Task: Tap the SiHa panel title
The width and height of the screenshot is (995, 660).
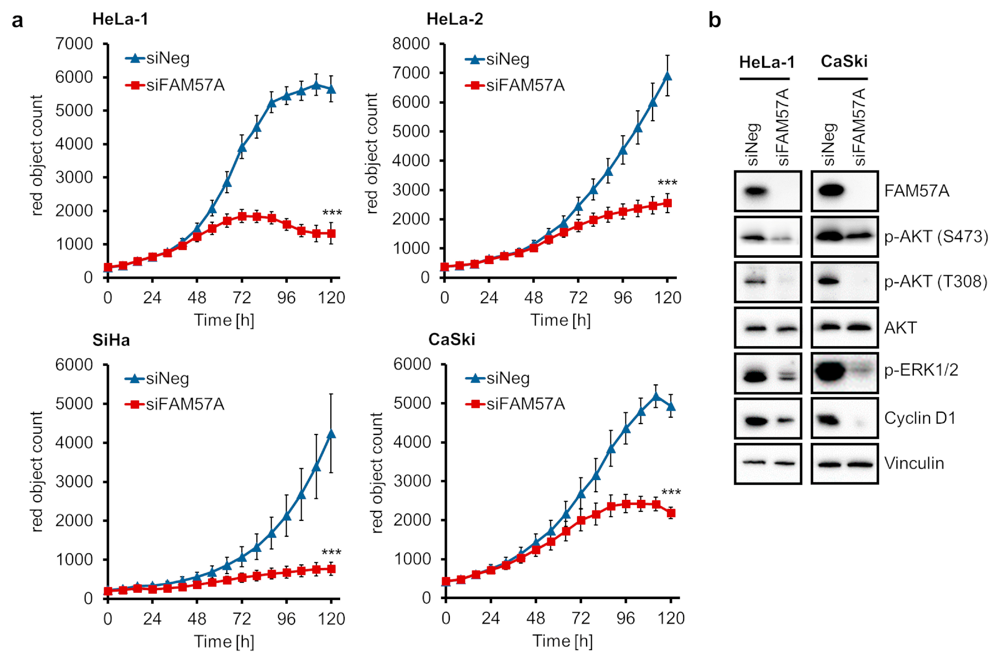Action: coord(111,340)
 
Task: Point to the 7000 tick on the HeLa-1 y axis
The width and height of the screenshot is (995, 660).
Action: coord(74,44)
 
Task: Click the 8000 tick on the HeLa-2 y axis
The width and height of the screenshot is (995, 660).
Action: coord(411,44)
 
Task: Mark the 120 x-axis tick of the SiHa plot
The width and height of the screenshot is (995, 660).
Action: coord(331,619)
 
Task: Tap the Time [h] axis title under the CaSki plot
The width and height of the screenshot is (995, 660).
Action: coord(563,641)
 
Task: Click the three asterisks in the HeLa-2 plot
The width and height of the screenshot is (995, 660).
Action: coord(667,183)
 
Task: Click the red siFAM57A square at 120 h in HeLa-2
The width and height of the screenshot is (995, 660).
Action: coord(667,203)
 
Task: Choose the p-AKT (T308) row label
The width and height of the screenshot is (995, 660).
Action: coord(935,282)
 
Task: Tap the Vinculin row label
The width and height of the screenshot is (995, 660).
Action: coord(914,463)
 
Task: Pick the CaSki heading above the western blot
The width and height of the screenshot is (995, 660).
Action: coord(844,62)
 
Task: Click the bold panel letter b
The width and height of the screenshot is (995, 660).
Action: coord(714,20)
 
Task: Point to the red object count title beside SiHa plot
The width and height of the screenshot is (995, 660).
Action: coord(37,471)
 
